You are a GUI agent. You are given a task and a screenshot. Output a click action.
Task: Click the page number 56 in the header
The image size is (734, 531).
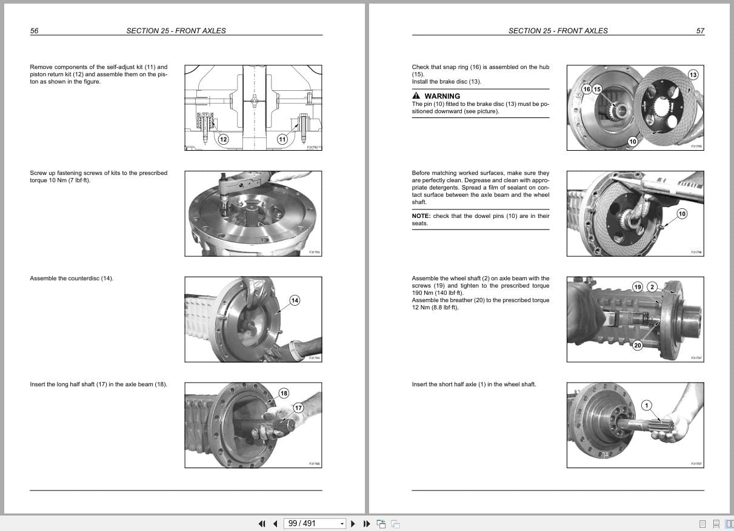tap(34, 31)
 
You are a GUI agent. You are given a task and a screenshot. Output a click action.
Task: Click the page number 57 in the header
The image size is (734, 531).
tap(700, 31)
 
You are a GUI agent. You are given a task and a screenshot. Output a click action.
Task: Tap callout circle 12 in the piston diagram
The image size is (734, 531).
tap(223, 139)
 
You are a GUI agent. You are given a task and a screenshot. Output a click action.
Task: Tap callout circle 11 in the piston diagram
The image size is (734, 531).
tap(282, 139)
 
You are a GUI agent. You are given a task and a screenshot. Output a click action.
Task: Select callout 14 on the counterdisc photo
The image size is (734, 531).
tap(295, 300)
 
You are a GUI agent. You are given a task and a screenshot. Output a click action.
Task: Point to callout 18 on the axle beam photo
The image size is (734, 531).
tap(284, 394)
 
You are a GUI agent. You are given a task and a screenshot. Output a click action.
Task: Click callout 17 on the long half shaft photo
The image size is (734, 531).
tap(298, 407)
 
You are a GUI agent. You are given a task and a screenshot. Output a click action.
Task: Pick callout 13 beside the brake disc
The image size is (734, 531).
tap(693, 74)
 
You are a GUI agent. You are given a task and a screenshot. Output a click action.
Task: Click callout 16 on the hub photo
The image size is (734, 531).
tap(586, 89)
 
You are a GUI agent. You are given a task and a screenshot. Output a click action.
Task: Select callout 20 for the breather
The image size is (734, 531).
tap(637, 346)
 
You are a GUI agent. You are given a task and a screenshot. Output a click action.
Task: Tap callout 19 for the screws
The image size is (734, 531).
tap(637, 286)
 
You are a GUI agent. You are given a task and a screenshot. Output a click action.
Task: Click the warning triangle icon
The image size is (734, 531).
tap(416, 96)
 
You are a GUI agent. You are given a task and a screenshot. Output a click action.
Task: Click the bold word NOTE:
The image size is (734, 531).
tap(421, 216)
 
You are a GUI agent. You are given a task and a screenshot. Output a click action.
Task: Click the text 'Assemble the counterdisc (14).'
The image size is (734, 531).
tap(72, 279)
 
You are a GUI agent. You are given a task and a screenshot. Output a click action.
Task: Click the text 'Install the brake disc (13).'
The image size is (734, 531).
tap(446, 82)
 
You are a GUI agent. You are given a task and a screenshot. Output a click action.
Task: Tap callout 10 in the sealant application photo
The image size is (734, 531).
tap(682, 214)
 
